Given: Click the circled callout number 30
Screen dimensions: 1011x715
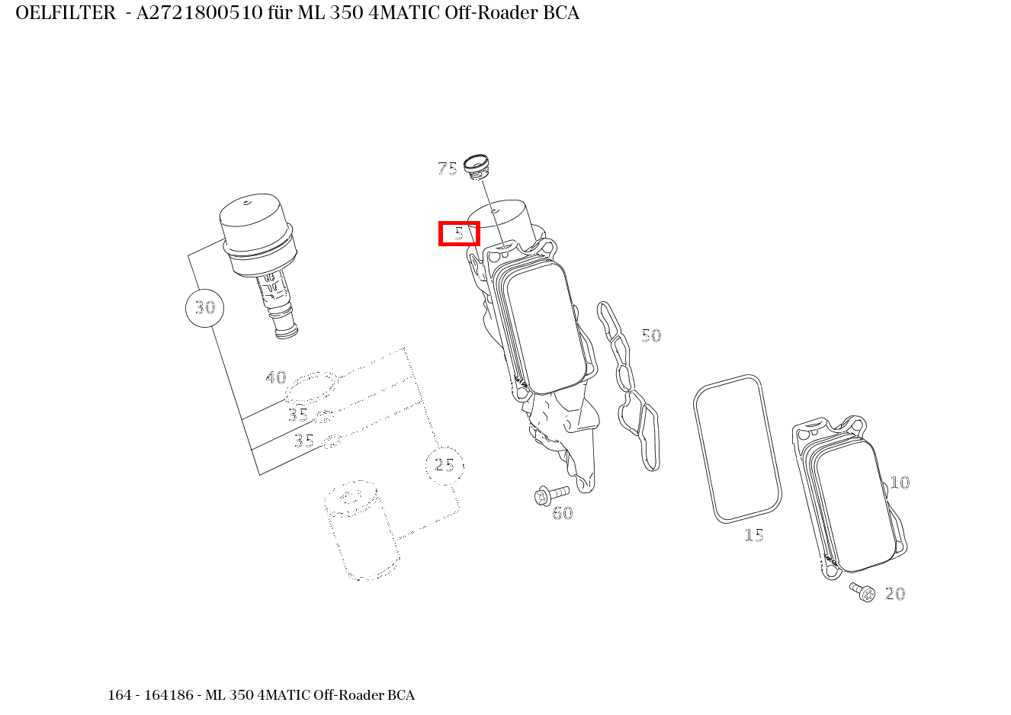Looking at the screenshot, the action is point(204,308).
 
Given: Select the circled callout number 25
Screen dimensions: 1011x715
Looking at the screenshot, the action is point(445,464).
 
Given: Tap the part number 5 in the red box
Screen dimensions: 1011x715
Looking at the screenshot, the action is point(459,233).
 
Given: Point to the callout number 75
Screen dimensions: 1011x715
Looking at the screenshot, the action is point(448,168).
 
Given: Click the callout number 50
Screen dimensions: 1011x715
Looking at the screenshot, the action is point(650,335).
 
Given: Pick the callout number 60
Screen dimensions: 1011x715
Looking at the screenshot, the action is point(562,513).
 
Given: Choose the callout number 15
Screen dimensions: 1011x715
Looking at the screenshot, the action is point(753,535).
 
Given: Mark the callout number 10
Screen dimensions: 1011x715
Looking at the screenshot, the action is point(900,483).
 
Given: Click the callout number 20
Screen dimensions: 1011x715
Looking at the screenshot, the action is point(895,594).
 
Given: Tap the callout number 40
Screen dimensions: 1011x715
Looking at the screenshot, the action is point(275,377).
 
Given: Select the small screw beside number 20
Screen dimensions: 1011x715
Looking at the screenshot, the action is point(863,591).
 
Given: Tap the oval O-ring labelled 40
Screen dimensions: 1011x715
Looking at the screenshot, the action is point(311,387).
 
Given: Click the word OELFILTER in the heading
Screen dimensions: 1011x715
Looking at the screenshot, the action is point(66,14).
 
